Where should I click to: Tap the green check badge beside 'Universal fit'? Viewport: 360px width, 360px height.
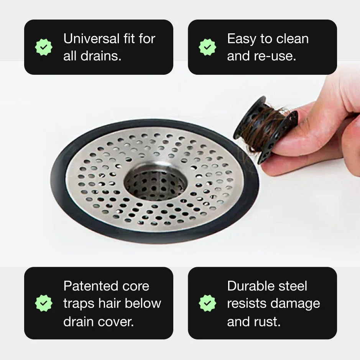click(44, 47)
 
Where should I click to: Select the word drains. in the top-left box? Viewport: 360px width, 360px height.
click(101, 56)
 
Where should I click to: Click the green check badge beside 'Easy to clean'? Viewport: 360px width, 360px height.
click(207, 47)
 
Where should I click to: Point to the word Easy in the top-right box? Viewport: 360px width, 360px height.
click(241, 39)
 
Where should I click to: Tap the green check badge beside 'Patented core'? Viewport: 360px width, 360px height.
click(44, 303)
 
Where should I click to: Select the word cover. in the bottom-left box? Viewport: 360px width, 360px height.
click(116, 322)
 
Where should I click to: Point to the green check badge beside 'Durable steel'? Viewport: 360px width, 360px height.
click(207, 303)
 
